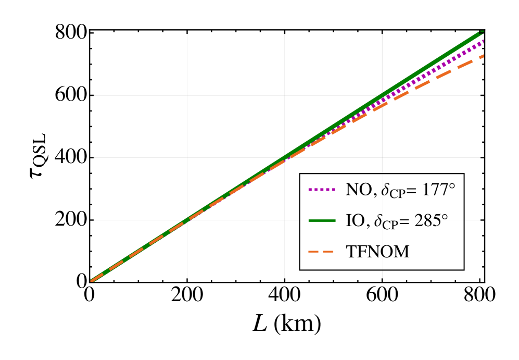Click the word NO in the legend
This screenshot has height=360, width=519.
[357, 190]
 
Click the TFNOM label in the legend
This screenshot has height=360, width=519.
[377, 252]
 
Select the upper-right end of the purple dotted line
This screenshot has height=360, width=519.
[484, 41]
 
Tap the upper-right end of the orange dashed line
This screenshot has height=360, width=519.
[484, 56]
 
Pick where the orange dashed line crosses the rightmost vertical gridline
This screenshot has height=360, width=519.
[383, 107]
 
